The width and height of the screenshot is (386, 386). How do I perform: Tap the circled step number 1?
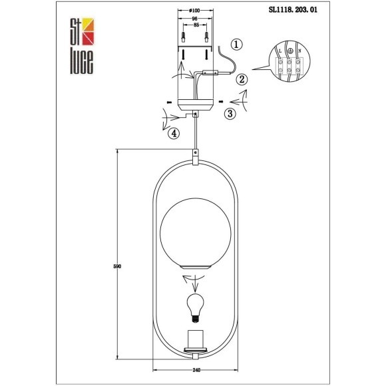tap(238, 45)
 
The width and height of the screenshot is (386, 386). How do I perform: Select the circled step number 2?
tap(242, 79)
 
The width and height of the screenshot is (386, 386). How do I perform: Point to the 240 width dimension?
tap(196, 370)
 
